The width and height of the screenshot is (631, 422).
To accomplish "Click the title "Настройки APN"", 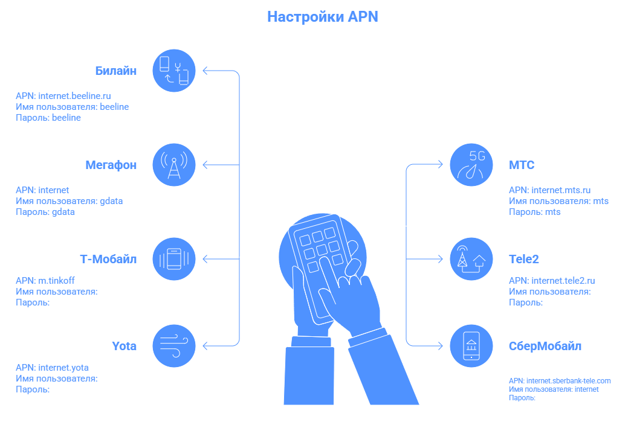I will (x=323, y=17).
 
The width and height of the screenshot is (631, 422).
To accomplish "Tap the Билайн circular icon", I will (x=174, y=71).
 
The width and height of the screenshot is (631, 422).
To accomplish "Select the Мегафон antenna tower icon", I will (x=174, y=165).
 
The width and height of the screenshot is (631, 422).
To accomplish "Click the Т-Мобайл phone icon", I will (x=174, y=259).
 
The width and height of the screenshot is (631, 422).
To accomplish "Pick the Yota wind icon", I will (x=174, y=346).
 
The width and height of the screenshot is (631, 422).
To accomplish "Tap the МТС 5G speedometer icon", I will (x=472, y=165).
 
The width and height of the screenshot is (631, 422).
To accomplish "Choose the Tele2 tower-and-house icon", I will (x=472, y=259).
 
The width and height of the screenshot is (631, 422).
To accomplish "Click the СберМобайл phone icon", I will (x=472, y=346).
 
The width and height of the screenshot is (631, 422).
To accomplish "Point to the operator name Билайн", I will (x=116, y=71).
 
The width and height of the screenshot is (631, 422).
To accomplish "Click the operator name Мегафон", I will (x=111, y=165).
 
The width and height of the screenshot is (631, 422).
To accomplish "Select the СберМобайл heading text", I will (x=545, y=347).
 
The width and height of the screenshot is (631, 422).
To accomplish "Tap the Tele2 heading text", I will (x=524, y=259).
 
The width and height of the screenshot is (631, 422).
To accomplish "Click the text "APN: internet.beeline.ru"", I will (x=63, y=95).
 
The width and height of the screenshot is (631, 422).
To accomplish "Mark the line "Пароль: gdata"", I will (x=45, y=212).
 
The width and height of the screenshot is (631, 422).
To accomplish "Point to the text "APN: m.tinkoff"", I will (x=45, y=280).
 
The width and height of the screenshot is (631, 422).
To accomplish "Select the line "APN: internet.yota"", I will (x=52, y=367).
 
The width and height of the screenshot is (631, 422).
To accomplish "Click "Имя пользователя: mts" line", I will (x=558, y=201).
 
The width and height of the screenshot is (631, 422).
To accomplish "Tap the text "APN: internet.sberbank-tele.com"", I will (x=560, y=380).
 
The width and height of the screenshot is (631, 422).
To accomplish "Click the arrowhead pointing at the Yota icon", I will (x=205, y=346).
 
